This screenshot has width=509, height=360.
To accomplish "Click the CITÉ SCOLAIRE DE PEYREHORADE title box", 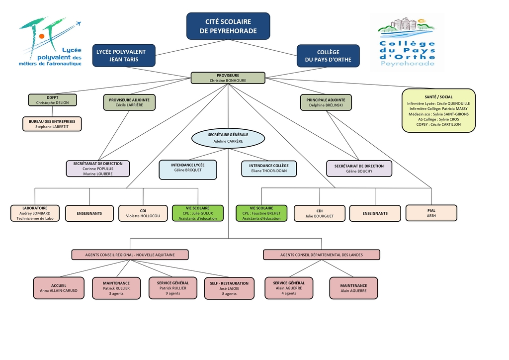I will coord(228,26).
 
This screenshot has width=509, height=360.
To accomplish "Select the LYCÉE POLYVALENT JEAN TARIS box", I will coord(124,56).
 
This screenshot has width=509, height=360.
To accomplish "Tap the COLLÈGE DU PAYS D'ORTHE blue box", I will coord(328,56).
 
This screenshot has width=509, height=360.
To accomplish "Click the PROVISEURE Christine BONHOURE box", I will coord(228,78).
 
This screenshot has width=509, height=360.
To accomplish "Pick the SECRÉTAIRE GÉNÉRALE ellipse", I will coord(228,138).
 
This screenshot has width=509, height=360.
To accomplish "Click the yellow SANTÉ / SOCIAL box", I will coord(438,110).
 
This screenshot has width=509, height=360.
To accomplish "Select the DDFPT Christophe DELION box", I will coord(52,100).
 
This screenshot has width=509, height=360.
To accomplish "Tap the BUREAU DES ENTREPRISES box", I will coord(52,124).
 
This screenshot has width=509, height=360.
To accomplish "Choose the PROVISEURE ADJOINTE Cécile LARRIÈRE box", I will coord(129,102).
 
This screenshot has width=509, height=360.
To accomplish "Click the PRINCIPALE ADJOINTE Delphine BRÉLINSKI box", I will coord(326,102).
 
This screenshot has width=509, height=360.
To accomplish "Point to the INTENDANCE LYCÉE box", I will coord(188,170).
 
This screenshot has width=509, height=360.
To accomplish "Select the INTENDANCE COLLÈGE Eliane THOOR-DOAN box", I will coord(269,168).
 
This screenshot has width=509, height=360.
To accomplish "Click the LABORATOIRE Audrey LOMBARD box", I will coord(35,213).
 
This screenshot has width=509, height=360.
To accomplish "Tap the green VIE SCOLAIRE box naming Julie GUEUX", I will coord(198,213).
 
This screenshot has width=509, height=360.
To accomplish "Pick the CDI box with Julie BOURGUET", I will coord(319,213).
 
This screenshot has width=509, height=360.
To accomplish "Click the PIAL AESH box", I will coord(431,213).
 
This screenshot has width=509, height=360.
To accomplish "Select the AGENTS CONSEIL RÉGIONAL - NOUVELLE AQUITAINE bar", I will coord(130,255).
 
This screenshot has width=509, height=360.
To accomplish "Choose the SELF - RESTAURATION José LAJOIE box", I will coord(229,288).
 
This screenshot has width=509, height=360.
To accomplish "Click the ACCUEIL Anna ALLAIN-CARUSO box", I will coord(58,288).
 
